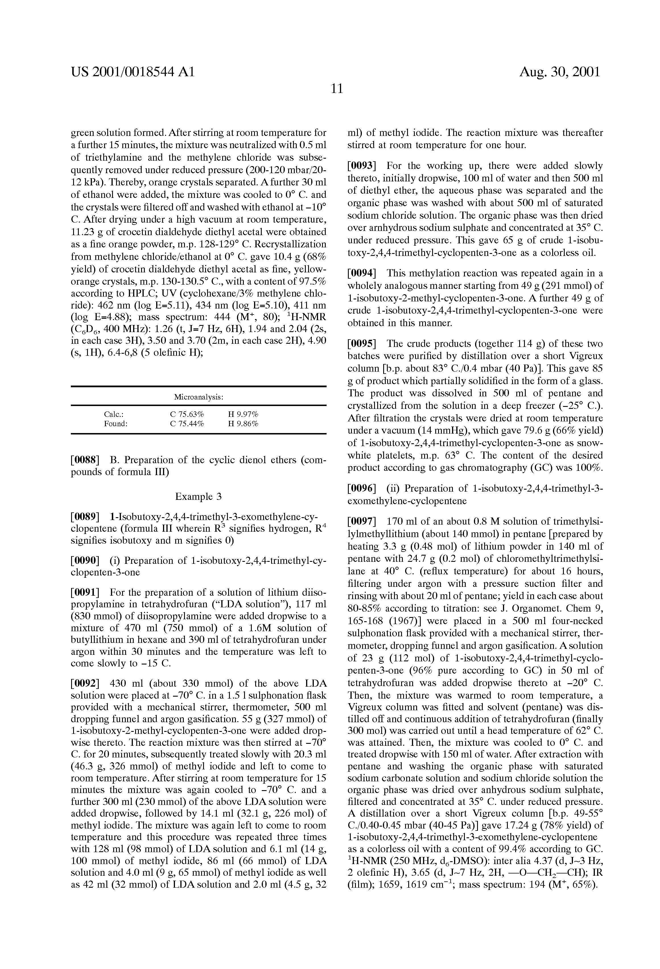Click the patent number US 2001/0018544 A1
tap(133, 72)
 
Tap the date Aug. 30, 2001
tap(560, 72)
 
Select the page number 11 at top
tap(337, 89)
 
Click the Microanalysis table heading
tap(199, 397)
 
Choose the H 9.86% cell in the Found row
tap(243, 424)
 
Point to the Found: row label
tap(115, 424)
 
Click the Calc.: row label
tap(114, 415)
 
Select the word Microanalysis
tap(199, 397)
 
